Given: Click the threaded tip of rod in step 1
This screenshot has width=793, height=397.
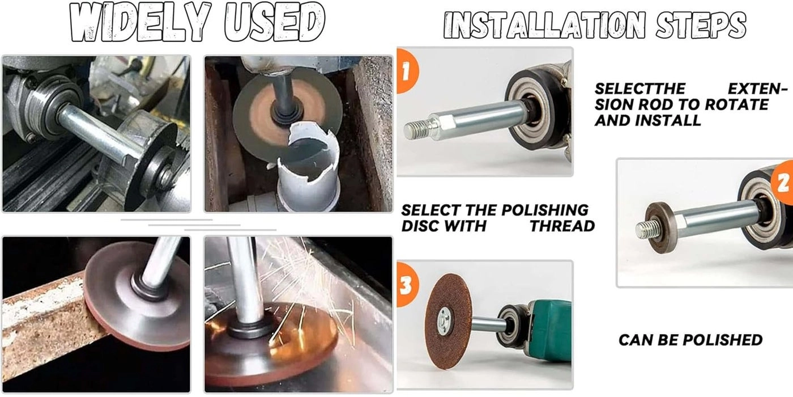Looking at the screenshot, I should click(416, 129).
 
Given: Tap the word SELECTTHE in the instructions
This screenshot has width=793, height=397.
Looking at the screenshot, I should click(639, 89).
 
